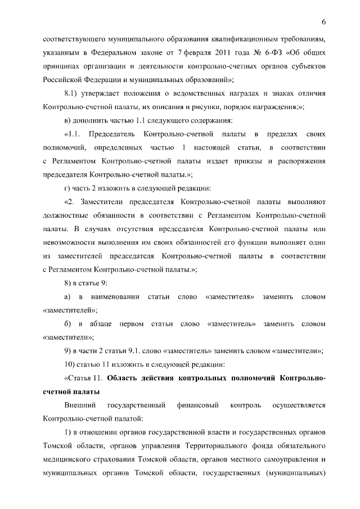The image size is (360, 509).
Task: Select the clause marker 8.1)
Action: click(73, 92)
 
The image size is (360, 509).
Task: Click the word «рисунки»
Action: click(204, 106)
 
